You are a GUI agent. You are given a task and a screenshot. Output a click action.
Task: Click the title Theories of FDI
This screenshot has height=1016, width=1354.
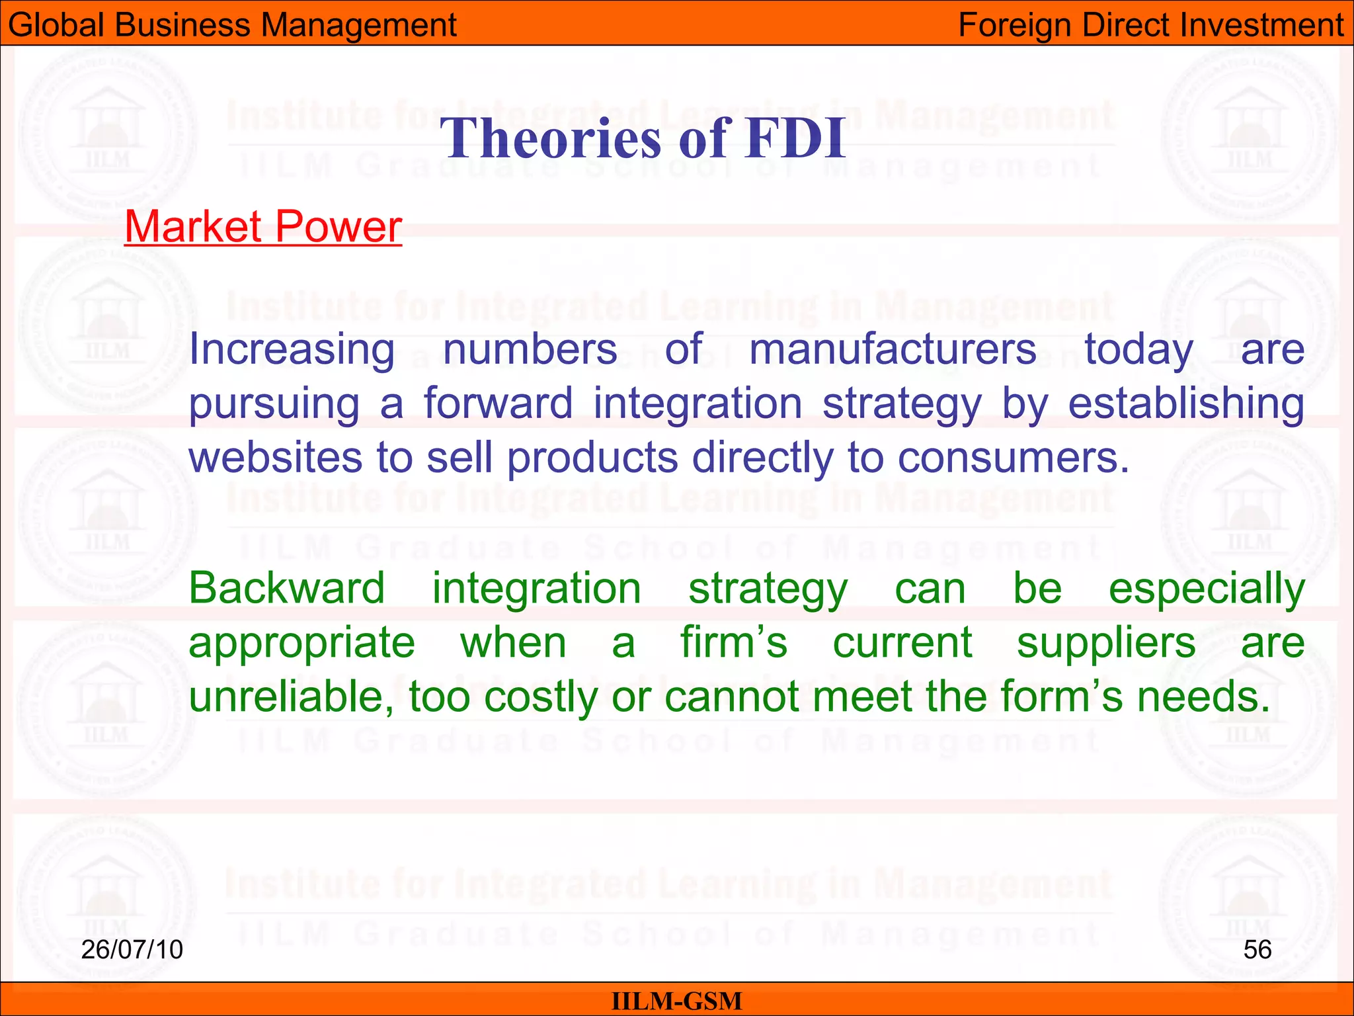[x=643, y=138]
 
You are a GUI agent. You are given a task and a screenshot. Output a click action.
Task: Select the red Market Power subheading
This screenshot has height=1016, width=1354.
[x=263, y=226]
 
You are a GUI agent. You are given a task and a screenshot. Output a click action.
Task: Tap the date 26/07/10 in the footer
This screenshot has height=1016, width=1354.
[x=132, y=949]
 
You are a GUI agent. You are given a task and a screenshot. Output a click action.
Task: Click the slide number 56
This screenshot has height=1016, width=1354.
[x=1257, y=949]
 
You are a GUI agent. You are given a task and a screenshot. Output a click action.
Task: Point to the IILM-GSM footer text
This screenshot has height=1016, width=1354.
[x=676, y=1001]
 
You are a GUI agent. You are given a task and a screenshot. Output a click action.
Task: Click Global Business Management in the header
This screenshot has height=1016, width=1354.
[x=232, y=25]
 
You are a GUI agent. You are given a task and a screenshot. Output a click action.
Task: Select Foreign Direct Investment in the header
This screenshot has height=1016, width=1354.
[x=1151, y=25]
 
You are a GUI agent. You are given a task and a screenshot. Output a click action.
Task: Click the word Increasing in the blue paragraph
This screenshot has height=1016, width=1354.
[x=292, y=349]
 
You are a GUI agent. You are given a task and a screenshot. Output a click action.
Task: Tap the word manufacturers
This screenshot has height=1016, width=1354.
[x=893, y=349]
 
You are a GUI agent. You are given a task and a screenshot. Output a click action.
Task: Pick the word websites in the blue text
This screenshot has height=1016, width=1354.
[x=276, y=457]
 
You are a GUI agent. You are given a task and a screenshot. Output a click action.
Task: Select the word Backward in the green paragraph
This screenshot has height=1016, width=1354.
[x=286, y=588]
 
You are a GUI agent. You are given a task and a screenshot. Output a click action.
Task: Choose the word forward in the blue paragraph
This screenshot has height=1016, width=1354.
[x=498, y=403]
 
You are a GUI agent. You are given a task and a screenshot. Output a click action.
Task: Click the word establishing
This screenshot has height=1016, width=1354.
[x=1186, y=404]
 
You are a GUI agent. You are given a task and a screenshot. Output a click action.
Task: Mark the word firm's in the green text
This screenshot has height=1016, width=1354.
[x=734, y=642]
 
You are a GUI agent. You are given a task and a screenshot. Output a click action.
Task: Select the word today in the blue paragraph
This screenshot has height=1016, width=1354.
[x=1138, y=351]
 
